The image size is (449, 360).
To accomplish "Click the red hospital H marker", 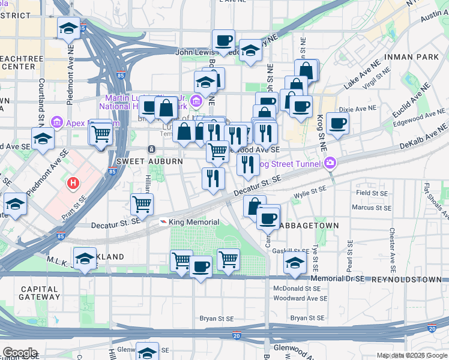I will click(x=73, y=182).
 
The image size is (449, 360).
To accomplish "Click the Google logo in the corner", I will click(x=20, y=352).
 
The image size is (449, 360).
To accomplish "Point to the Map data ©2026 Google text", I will click(x=412, y=356).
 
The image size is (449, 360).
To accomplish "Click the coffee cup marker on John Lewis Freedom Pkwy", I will click(x=224, y=40).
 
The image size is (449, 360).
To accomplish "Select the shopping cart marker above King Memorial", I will click(x=142, y=203).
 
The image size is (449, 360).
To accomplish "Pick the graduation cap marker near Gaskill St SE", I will click(x=294, y=263).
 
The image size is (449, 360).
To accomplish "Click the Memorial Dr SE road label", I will click(x=338, y=280).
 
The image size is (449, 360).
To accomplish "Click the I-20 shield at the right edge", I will click(x=432, y=329).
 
